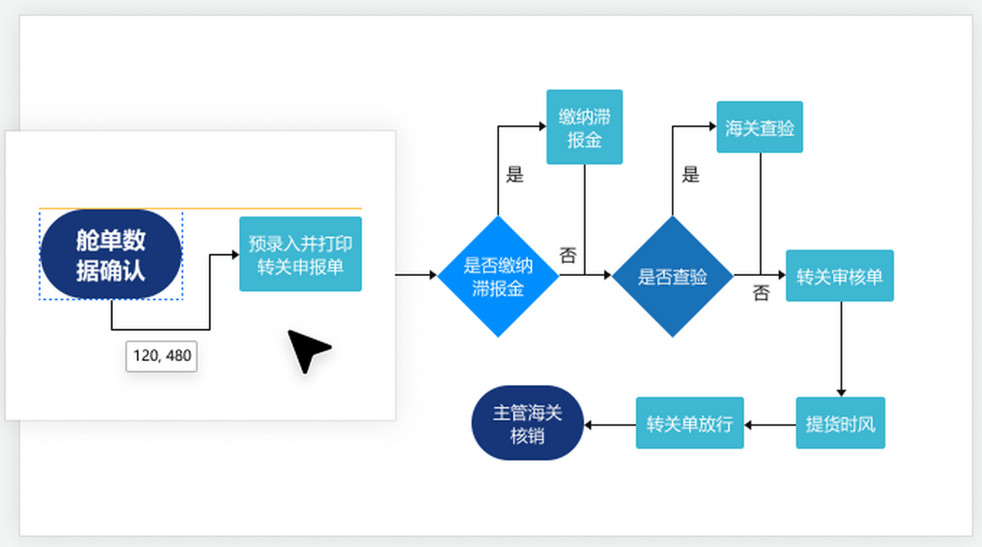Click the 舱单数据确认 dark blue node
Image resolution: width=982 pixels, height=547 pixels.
(x=110, y=254)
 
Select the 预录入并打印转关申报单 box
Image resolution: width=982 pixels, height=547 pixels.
(x=300, y=254)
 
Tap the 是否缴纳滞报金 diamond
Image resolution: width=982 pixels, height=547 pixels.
(x=498, y=276)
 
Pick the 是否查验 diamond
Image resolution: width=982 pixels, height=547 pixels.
(x=673, y=276)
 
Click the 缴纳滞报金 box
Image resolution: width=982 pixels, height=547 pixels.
(x=584, y=126)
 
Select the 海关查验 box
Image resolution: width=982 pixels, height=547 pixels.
(x=759, y=127)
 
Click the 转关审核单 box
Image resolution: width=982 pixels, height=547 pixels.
(x=840, y=276)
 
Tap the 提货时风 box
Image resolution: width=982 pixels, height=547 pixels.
(x=840, y=423)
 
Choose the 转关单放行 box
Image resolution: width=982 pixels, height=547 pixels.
(x=690, y=423)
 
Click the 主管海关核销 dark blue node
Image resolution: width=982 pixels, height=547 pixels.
(x=528, y=423)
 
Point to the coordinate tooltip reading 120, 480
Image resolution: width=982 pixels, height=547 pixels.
(x=161, y=356)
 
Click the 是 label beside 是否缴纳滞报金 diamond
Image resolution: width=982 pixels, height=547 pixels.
(x=515, y=174)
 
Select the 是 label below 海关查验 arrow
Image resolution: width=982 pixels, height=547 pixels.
(x=691, y=174)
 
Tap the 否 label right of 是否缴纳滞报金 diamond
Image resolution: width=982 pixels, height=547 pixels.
(x=568, y=255)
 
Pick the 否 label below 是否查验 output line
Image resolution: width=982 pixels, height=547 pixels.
(x=761, y=293)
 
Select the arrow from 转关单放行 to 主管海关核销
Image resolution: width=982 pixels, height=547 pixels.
(x=610, y=424)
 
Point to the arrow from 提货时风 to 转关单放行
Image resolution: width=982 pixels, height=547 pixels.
(x=770, y=424)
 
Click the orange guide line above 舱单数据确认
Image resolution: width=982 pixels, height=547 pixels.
(x=200, y=209)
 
